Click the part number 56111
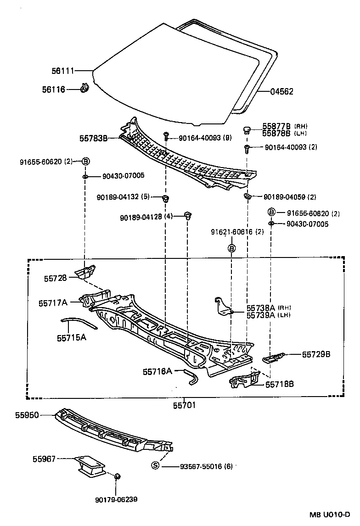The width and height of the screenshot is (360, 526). pyautogui.click(x=63, y=71)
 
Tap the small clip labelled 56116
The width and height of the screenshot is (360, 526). pyautogui.click(x=84, y=87)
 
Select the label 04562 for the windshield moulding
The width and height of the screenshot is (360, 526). pyautogui.click(x=281, y=92)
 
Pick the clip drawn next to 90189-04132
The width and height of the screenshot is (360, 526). pyautogui.click(x=166, y=198)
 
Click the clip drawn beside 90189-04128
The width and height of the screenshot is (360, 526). pyautogui.click(x=187, y=215)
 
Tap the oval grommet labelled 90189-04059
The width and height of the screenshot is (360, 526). pyautogui.click(x=247, y=196)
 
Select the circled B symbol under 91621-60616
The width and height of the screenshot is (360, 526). pyautogui.click(x=231, y=248)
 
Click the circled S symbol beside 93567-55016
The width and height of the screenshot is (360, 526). pyautogui.click(x=155, y=466)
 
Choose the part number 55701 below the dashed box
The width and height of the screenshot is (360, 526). pyautogui.click(x=184, y=405)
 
